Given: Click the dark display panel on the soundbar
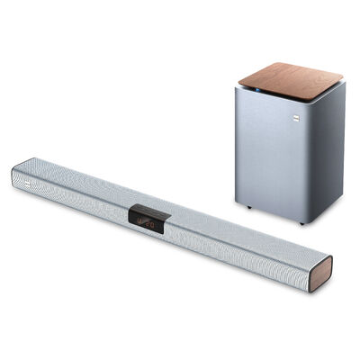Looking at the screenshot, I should [146, 217].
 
